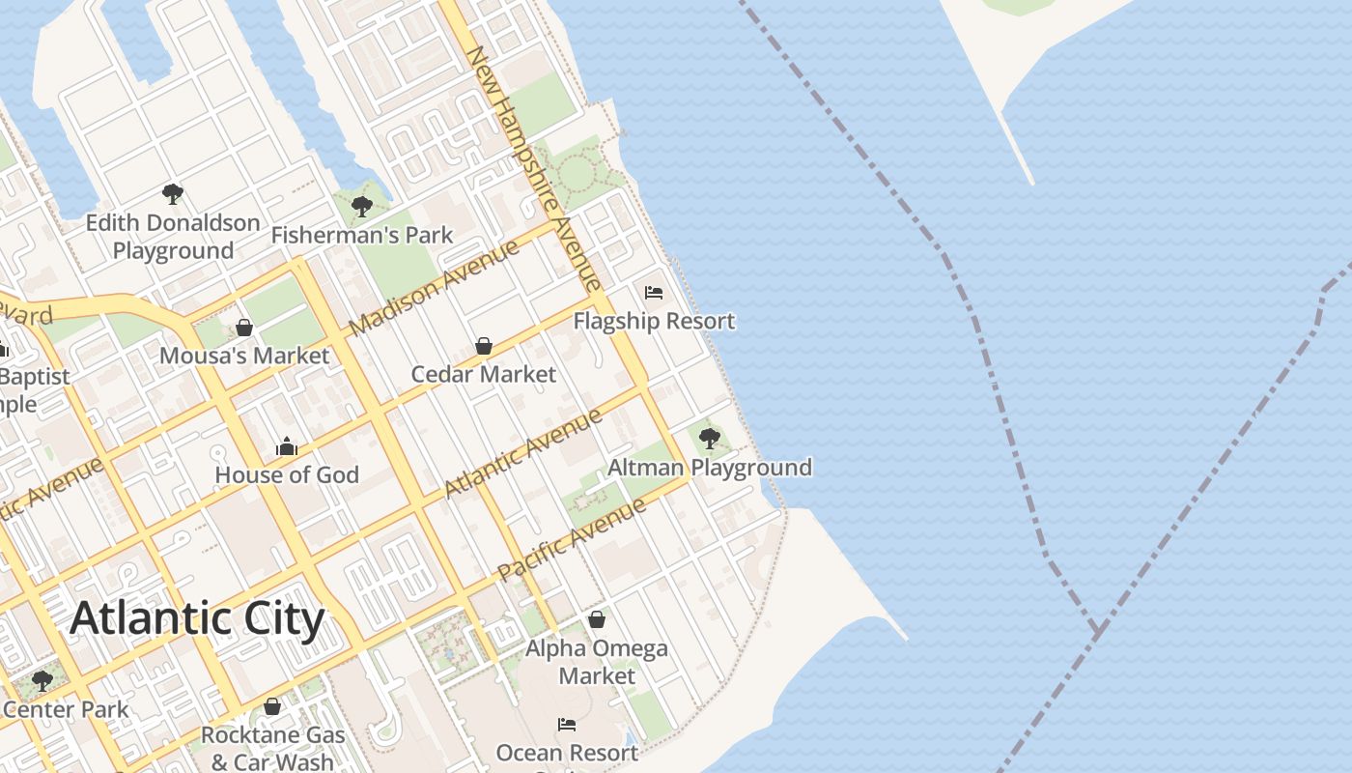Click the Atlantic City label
197,618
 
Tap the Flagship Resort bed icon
654,293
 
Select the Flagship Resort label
654,321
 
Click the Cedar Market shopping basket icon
484,346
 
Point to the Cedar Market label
484,374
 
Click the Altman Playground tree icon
710,439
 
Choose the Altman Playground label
710,468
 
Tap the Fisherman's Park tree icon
362,206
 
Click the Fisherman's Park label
362,235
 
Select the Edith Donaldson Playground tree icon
173,194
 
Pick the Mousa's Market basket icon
244,328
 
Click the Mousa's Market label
244,356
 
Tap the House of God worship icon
287,446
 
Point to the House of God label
287,474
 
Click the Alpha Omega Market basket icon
597,619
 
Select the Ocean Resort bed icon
567,724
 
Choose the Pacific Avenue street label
572,540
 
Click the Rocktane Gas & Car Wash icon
272,706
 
